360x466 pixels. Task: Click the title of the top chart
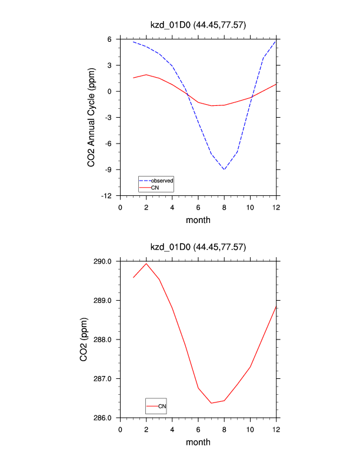(198, 25)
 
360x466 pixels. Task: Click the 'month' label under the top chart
(198, 220)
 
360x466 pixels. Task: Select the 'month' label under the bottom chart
(198, 442)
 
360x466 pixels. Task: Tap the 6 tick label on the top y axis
(111, 39)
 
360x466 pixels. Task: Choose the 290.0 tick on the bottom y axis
(105, 261)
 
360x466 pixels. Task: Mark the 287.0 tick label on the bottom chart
(105, 379)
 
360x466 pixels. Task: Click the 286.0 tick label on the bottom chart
(105, 418)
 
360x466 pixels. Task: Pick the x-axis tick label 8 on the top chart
(224, 207)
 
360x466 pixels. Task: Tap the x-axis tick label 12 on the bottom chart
(276, 428)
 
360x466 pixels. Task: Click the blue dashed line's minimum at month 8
(224, 169)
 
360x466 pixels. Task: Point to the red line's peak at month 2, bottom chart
(146, 263)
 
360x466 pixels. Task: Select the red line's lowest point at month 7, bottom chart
(211, 403)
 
